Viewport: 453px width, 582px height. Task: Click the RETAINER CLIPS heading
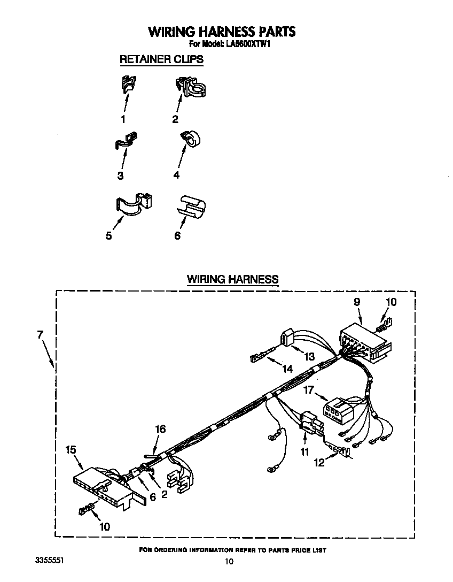coord(161,59)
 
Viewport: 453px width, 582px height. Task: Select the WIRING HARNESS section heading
coord(232,279)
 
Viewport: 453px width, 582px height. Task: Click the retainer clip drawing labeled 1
coord(128,84)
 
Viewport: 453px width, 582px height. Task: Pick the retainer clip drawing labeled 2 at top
coord(191,87)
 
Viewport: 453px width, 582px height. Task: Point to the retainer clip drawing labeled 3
coord(126,141)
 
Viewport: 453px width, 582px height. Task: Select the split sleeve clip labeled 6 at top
coord(192,206)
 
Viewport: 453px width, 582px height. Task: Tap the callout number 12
coord(319,463)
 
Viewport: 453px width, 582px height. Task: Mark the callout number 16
coord(160,428)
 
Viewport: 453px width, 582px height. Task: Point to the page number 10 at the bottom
coord(229,561)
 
